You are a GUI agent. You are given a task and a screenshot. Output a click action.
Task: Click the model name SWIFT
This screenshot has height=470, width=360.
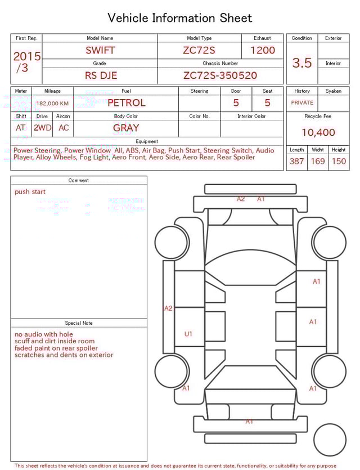(x=100, y=50)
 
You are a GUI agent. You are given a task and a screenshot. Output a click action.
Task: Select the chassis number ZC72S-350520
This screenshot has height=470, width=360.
(x=220, y=75)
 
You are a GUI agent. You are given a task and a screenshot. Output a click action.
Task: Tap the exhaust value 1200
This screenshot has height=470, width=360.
(x=263, y=50)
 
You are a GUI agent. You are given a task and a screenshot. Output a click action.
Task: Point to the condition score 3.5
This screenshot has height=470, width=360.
(x=302, y=63)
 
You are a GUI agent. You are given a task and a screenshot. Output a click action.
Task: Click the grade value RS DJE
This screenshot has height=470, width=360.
(x=101, y=75)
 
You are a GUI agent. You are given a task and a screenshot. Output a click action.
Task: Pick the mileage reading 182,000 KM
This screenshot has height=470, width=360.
(x=52, y=104)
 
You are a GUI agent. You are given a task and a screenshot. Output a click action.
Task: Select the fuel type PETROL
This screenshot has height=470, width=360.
(x=126, y=103)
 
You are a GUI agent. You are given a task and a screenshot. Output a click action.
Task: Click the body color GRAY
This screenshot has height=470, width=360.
(x=126, y=128)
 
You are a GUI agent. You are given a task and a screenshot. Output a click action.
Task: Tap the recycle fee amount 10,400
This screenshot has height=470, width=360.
(x=318, y=133)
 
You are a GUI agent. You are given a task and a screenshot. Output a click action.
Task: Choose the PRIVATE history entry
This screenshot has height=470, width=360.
(x=302, y=103)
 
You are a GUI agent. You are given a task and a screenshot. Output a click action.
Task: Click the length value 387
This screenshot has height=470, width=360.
(x=296, y=162)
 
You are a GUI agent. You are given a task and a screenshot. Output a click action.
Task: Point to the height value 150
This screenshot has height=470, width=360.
(x=339, y=162)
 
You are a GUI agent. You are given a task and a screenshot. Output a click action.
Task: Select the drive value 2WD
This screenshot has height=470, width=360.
(x=42, y=128)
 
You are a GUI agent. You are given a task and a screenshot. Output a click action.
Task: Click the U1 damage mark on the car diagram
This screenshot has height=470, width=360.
(x=188, y=334)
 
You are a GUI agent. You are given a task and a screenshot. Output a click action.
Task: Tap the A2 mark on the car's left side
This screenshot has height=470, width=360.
(x=168, y=308)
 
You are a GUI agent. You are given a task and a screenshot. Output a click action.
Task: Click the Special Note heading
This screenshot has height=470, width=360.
(x=79, y=323)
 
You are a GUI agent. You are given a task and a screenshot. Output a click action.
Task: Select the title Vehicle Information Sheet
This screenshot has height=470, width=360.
(x=180, y=18)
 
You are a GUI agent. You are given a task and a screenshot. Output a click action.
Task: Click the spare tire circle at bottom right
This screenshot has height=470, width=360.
(x=330, y=440)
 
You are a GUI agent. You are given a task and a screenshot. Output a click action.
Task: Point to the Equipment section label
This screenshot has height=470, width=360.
(x=147, y=141)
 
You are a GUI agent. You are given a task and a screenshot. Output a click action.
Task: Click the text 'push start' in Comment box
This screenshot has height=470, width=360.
(x=30, y=192)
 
